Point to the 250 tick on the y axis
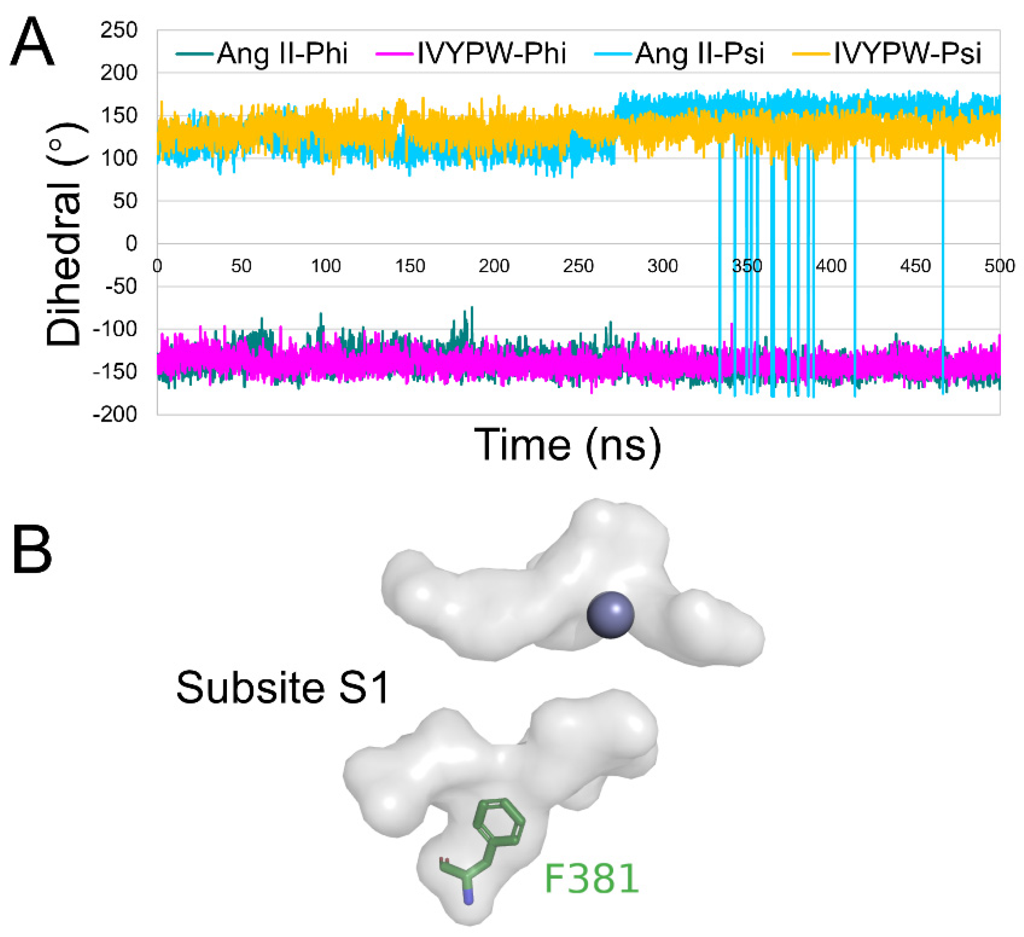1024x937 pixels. click(119, 31)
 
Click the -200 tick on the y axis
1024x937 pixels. click(115, 414)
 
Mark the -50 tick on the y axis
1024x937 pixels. click(121, 286)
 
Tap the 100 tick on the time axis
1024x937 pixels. click(325, 266)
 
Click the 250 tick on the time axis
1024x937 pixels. click(578, 266)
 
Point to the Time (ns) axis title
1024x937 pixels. click(568, 445)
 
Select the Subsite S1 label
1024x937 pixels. click(282, 688)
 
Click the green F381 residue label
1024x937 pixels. click(591, 878)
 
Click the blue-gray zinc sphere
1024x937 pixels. click(611, 615)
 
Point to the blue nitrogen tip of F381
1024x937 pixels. click(468, 897)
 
